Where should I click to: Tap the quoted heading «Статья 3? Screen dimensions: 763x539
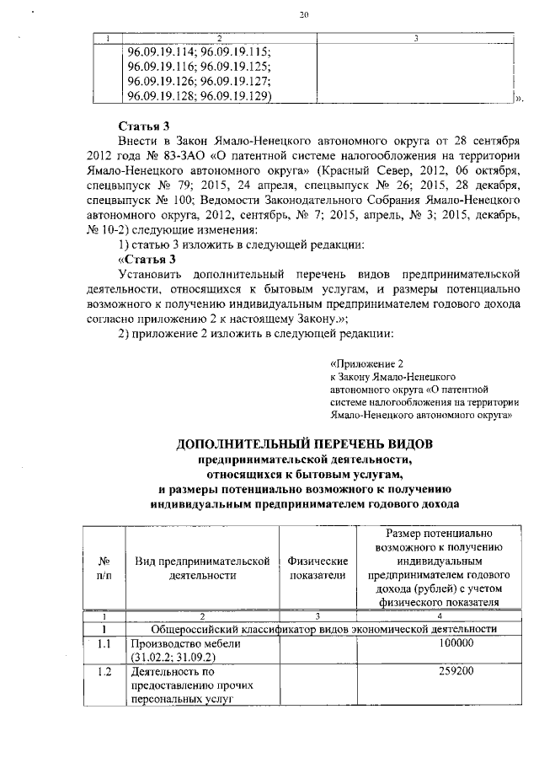[147, 260]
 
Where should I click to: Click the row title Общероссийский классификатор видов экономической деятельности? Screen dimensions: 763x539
[319, 629]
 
